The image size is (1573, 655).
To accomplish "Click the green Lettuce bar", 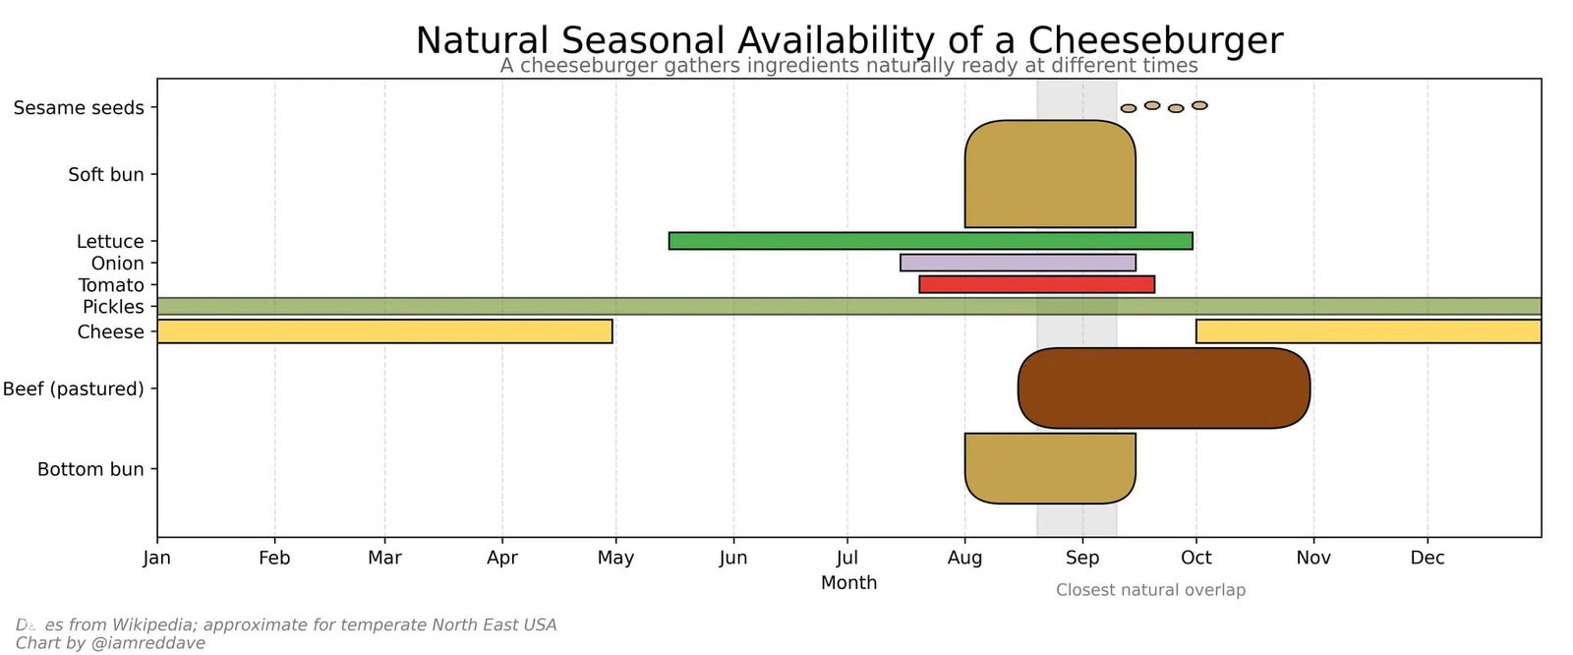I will [x=930, y=241].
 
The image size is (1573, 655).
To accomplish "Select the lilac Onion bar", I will [x=1018, y=263].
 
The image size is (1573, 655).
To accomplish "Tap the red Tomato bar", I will [x=1036, y=284].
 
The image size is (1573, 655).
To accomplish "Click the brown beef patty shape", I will [x=1164, y=388].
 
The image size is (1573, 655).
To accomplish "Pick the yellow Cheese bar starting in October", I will [x=1368, y=331].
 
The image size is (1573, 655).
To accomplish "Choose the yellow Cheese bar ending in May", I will [x=384, y=331].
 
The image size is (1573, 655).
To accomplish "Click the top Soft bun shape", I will [x=1050, y=174].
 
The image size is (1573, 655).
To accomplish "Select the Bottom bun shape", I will [x=1050, y=468].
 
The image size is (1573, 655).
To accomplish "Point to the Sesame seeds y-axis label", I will [x=79, y=108].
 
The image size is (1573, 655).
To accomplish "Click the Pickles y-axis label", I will [x=113, y=307].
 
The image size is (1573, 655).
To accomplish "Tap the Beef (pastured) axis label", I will [x=73, y=388].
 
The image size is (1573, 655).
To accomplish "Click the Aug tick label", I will [x=964, y=558].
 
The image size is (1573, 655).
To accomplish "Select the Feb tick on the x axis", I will [x=274, y=558].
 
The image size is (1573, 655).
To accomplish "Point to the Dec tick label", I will [x=1427, y=558].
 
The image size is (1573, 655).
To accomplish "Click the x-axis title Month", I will [x=848, y=582].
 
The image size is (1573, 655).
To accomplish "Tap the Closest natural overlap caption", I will [x=1150, y=590].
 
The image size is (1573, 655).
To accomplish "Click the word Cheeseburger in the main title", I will [x=1155, y=41].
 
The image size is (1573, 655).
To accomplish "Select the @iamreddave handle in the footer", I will [x=147, y=643].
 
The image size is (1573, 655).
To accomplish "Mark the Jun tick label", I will [x=732, y=558].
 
